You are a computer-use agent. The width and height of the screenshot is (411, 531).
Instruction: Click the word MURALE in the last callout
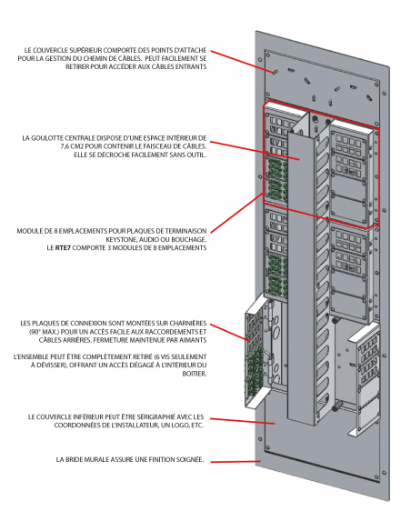pyautogui.click(x=79, y=462)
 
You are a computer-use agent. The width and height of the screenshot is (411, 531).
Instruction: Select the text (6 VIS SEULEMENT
pyautogui.click(x=182, y=356)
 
